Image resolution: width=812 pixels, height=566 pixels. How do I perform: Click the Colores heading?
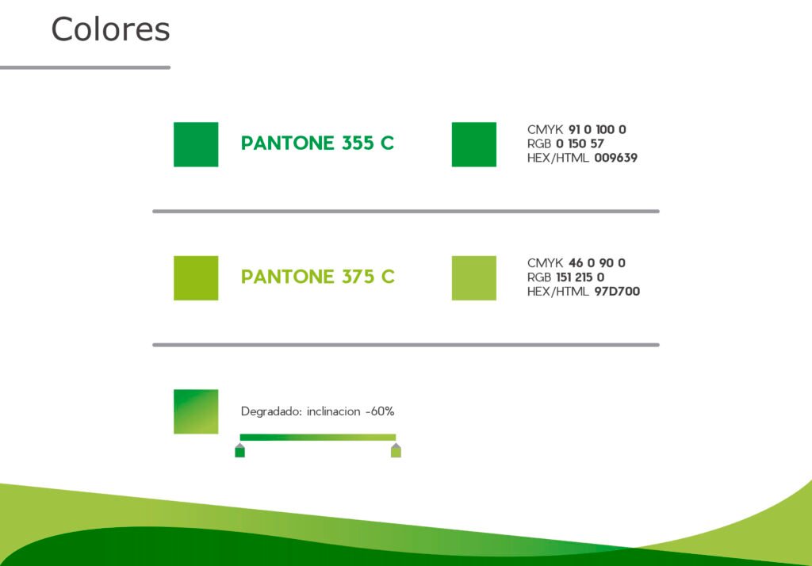pos(110,29)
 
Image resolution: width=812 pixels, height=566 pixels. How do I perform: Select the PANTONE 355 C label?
pos(317,143)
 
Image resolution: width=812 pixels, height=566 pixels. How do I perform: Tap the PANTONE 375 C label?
pos(317,277)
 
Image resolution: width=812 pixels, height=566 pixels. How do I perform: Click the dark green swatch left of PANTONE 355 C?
pos(196,144)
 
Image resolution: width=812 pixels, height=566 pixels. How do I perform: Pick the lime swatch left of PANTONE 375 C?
pos(196,278)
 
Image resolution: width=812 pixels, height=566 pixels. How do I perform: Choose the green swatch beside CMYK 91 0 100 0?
pos(474,144)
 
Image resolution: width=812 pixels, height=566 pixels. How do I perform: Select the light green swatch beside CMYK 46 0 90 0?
pos(474,278)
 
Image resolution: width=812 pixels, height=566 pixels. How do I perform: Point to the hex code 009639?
pos(615,158)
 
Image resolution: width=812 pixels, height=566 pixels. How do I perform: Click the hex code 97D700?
pos(617,292)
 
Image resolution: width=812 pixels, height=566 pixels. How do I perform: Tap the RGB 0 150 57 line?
pos(565,143)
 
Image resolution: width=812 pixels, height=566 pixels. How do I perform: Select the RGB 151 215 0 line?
pos(565,277)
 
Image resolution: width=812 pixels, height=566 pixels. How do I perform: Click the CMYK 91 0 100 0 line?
pos(576,129)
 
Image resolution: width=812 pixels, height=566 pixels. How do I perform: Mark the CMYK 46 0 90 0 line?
pos(576,263)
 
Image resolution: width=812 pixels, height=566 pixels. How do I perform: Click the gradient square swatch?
pos(196,411)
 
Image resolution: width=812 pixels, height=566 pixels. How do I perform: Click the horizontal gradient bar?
pos(318,438)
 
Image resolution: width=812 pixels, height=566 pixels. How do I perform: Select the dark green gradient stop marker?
pos(239,450)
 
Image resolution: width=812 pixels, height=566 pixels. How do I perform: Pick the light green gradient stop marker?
pos(396,450)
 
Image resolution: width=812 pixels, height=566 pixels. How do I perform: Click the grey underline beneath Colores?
pos(85,67)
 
